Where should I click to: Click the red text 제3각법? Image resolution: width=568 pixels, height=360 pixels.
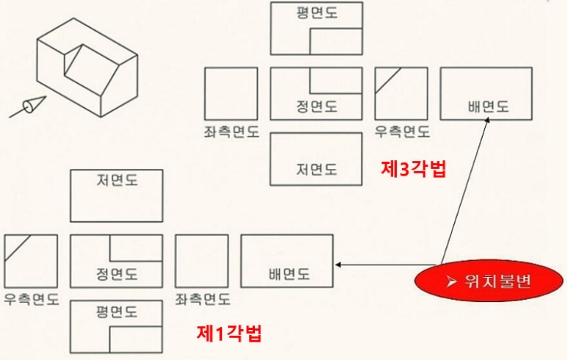point(414,168)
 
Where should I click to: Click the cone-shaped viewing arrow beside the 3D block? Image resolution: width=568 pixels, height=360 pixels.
point(29,107)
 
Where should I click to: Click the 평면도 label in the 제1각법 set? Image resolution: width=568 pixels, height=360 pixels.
point(117,312)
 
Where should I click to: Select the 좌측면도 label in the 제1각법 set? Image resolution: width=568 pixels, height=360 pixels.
point(202,300)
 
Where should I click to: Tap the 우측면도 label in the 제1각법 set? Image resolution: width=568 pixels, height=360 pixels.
point(32,300)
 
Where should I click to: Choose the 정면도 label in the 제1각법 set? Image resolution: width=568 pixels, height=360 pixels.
point(117,275)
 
